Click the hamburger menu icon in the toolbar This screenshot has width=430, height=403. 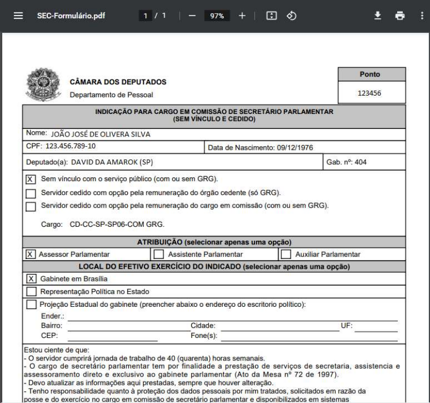18,16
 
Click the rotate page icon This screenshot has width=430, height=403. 291,16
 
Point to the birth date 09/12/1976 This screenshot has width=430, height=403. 289,147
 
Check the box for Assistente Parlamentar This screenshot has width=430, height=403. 159,254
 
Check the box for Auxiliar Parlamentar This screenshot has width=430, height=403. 286,254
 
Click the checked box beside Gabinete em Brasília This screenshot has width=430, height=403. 31,278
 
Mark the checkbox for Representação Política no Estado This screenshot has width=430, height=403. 31,292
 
